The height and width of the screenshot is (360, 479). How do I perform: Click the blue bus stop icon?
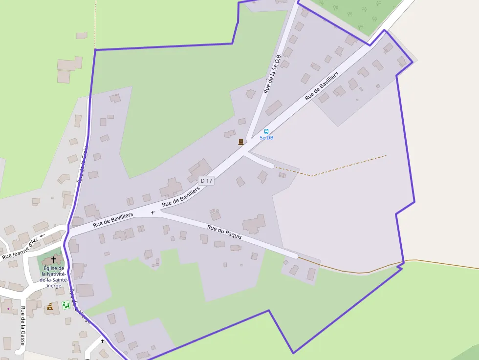(x=266, y=131)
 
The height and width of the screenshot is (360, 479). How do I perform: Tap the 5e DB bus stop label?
(x=266, y=138)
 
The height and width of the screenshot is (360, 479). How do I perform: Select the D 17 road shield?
(x=207, y=181)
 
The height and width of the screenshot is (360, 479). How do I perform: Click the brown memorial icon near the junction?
(x=240, y=142)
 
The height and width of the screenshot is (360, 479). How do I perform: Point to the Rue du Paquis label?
(x=224, y=232)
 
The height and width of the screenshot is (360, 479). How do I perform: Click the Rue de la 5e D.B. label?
(x=272, y=74)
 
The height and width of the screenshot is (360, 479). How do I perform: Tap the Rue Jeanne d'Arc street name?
(x=20, y=248)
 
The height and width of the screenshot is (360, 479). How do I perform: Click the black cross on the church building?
(x=54, y=259)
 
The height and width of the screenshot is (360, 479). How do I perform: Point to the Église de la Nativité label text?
(x=53, y=277)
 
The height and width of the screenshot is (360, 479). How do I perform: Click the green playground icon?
(x=65, y=305)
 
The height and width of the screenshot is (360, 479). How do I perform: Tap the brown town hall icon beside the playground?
(x=49, y=306)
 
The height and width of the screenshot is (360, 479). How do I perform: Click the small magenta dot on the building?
(x=8, y=309)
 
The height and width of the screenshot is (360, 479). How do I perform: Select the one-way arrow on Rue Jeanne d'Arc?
(x=42, y=235)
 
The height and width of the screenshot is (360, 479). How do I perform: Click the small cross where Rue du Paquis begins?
(x=152, y=212)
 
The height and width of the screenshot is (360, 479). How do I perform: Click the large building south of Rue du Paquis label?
(x=254, y=224)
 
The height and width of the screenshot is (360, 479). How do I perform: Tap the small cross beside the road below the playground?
(x=102, y=340)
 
